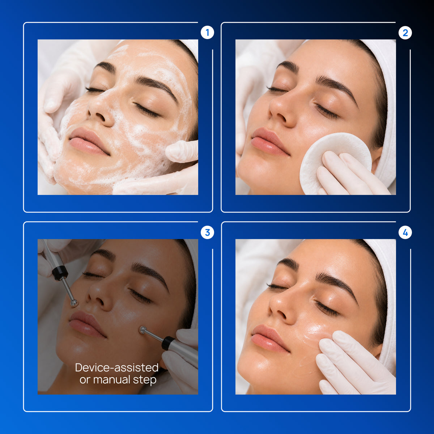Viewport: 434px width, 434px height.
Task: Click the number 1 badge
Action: click(x=207, y=33)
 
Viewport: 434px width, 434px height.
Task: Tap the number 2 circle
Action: click(x=405, y=33)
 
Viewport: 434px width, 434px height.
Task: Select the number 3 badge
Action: click(x=207, y=233)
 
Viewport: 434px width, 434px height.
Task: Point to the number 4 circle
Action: click(x=405, y=233)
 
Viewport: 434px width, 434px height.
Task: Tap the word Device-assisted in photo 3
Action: click(x=117, y=368)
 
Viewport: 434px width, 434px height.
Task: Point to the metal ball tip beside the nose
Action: click(x=74, y=303)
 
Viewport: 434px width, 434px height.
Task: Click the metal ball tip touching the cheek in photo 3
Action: click(x=143, y=330)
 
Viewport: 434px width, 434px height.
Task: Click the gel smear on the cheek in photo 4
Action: click(x=315, y=333)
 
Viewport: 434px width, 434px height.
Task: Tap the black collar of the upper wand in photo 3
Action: click(x=60, y=273)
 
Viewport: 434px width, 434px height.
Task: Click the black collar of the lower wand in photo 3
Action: click(x=167, y=343)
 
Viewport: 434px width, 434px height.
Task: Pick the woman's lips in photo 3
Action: click(x=87, y=324)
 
